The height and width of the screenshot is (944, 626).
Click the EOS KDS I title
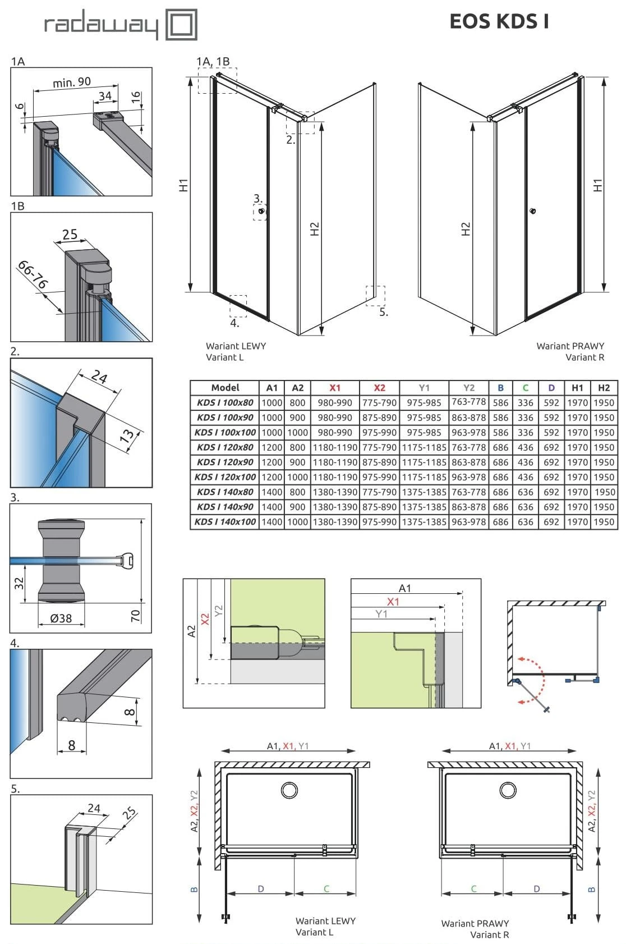coord(499,21)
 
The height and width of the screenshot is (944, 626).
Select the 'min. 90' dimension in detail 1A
coord(71,83)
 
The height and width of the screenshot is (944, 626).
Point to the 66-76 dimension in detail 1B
coord(33,274)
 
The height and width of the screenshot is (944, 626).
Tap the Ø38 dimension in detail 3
coord(61,618)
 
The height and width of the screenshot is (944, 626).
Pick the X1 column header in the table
coord(335,388)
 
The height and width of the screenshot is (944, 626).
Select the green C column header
coord(525,388)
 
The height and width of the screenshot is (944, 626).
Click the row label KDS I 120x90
coord(225,462)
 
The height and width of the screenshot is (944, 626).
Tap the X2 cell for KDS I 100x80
coord(379,403)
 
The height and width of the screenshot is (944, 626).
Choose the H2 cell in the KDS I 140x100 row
coord(604,522)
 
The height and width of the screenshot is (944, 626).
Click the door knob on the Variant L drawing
coord(261,212)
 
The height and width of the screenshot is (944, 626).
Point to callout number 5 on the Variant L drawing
coord(384,312)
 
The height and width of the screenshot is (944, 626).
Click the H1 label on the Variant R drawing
coord(598,186)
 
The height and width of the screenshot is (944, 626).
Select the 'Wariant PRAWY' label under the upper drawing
coord(570,346)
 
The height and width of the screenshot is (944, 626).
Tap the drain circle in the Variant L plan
coord(289,790)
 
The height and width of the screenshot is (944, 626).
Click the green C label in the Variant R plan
coord(473,889)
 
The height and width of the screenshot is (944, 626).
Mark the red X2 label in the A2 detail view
coord(205,619)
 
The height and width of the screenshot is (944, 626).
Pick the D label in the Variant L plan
coord(261,889)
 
